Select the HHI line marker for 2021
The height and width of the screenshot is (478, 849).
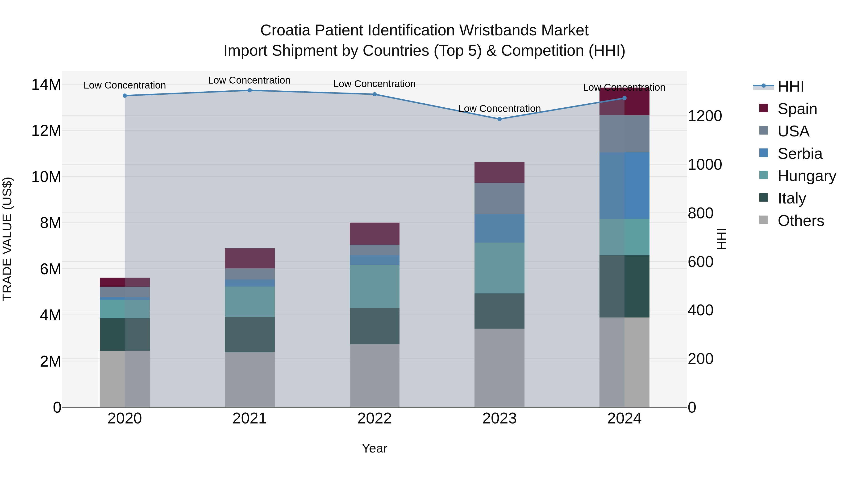tap(250, 90)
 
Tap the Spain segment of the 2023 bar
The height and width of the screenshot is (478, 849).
tap(499, 173)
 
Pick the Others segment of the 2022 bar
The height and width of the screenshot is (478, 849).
tap(375, 375)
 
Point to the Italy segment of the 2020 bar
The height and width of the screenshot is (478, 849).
tap(125, 334)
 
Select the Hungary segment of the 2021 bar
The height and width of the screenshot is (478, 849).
tap(250, 301)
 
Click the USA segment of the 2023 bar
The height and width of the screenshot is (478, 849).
tap(499, 198)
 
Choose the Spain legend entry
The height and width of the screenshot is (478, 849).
tap(797, 109)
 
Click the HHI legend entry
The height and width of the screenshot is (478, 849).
tap(790, 86)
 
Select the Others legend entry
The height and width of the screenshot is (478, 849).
tap(801, 221)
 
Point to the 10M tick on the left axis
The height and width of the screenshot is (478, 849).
tap(46, 177)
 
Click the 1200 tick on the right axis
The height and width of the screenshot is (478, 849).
tap(705, 116)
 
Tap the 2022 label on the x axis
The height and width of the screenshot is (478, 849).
tap(375, 419)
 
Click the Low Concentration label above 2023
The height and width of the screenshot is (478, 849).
tap(499, 109)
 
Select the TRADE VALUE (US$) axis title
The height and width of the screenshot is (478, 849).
tap(7, 239)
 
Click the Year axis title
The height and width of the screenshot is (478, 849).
tap(375, 448)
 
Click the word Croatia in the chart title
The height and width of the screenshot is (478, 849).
tap(285, 30)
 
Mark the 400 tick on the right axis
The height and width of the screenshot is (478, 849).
tap(700, 310)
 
